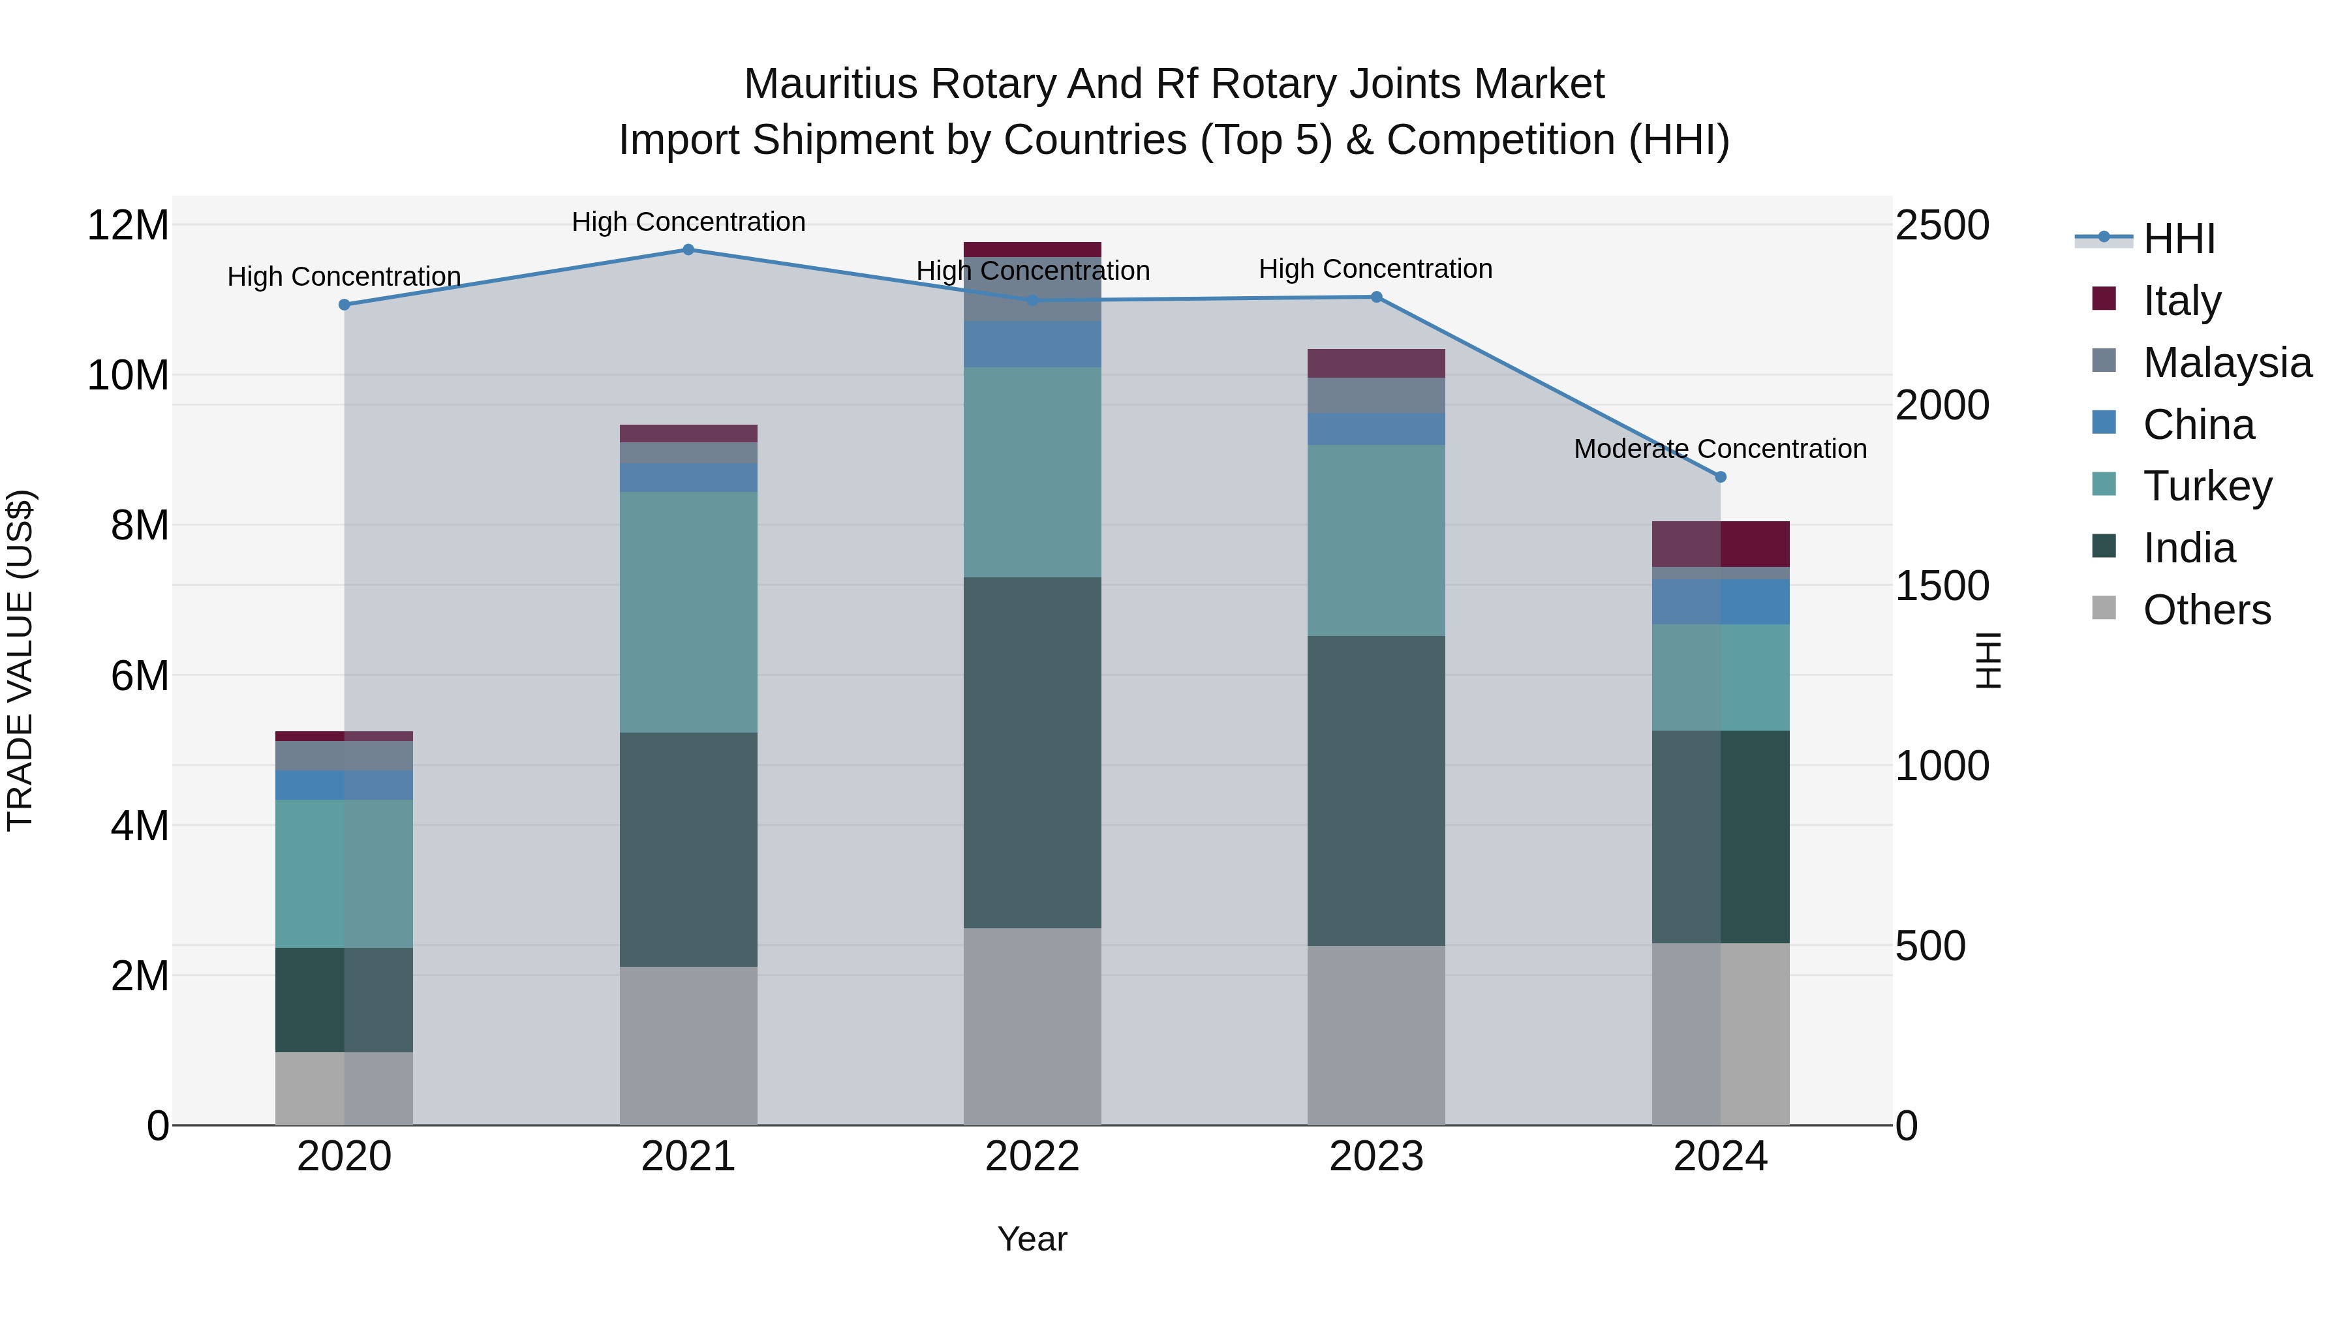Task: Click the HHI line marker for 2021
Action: point(688,250)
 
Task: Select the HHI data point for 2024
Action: point(1721,477)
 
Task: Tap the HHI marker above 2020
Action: point(344,305)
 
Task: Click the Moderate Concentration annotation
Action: point(1720,449)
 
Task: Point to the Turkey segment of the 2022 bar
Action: point(1032,472)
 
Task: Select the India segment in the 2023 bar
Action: point(1376,791)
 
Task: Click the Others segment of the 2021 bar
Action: point(688,1046)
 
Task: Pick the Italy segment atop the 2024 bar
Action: point(1721,544)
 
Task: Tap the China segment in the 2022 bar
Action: point(1032,344)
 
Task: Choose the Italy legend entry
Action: point(2182,300)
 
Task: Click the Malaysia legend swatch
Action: point(2104,361)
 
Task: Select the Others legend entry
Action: point(2207,609)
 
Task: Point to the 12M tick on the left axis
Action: point(128,225)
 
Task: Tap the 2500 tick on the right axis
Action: point(1942,225)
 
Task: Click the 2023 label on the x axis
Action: point(1376,1157)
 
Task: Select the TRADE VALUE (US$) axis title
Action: point(20,660)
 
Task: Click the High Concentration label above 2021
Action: point(688,222)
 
